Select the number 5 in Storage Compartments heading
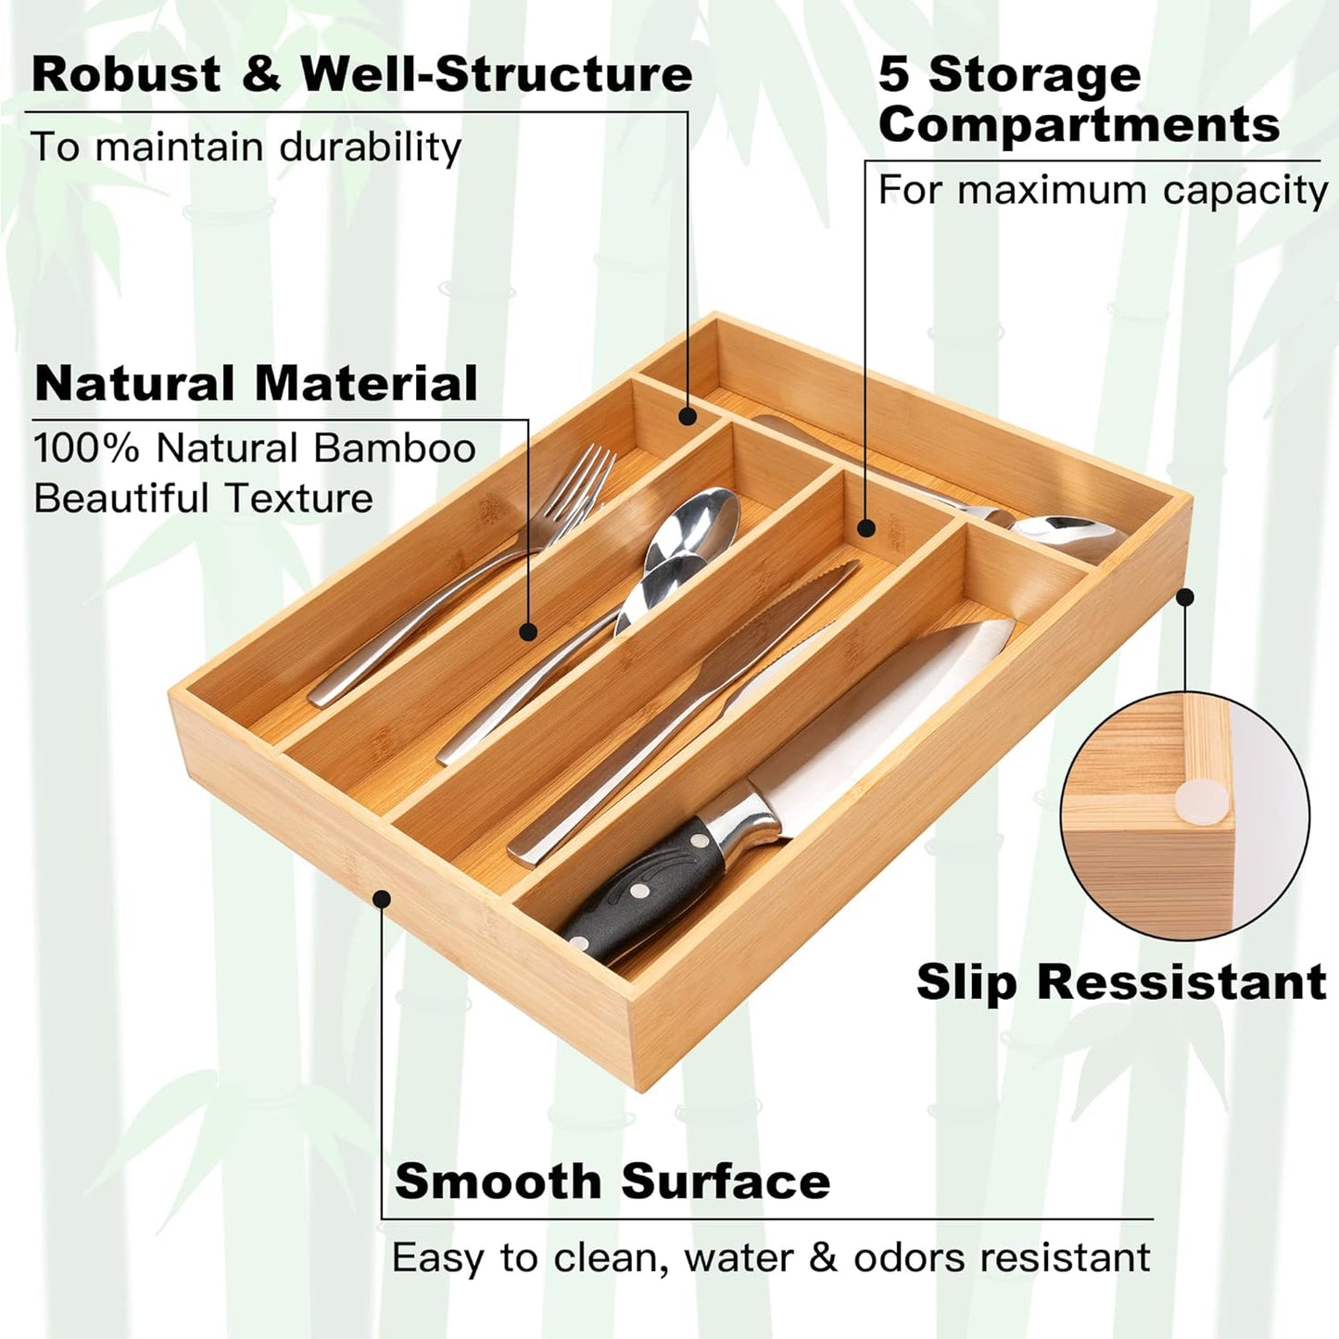pos(894,74)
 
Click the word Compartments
pos(1079,124)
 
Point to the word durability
pos(370,148)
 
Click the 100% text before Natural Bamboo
pos(86,448)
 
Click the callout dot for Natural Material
pos(528,632)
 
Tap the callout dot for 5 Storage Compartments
pos(865,528)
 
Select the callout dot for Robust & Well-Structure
pos(687,416)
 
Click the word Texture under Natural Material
pos(298,499)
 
